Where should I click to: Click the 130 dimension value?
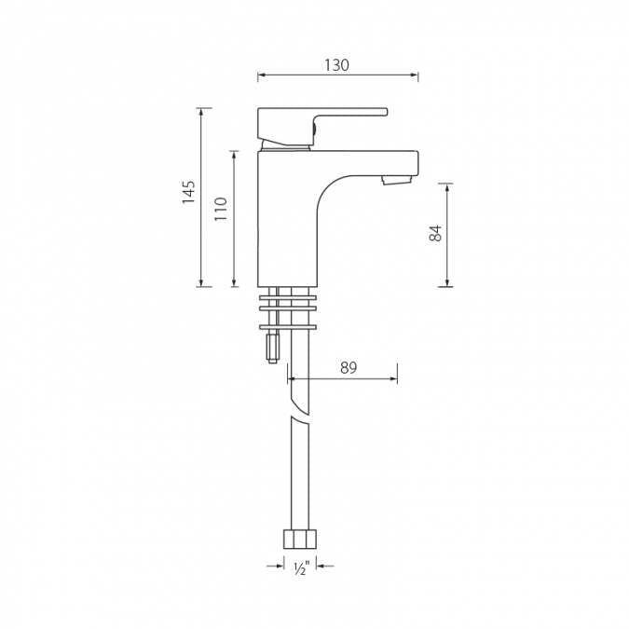click(336, 65)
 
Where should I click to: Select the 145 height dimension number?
click(189, 192)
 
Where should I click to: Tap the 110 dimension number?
click(221, 207)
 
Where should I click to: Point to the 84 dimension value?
click(435, 233)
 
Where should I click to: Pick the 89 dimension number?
click(348, 368)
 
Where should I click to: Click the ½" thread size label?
click(300, 569)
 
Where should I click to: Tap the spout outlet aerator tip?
click(396, 180)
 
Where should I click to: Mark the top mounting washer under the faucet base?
click(288, 297)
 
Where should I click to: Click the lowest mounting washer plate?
click(288, 326)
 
